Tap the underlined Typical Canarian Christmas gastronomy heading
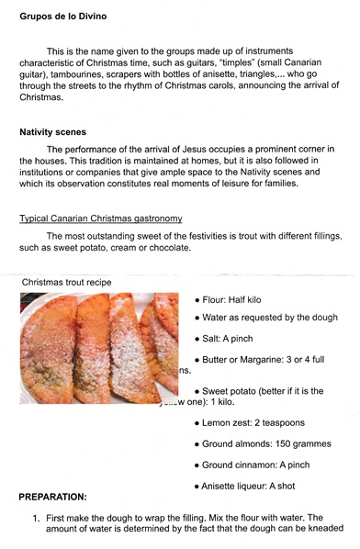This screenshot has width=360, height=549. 101,218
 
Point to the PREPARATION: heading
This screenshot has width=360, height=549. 65,497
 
